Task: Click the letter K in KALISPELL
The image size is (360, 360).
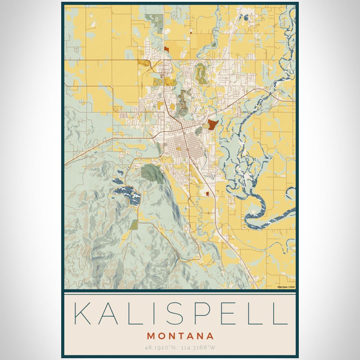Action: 82,314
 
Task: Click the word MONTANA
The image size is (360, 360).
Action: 179,335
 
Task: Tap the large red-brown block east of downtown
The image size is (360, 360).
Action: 212,125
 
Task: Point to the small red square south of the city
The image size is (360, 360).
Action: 208,194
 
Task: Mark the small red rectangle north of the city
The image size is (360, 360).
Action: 166,49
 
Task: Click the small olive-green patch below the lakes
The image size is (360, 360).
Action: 134,224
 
